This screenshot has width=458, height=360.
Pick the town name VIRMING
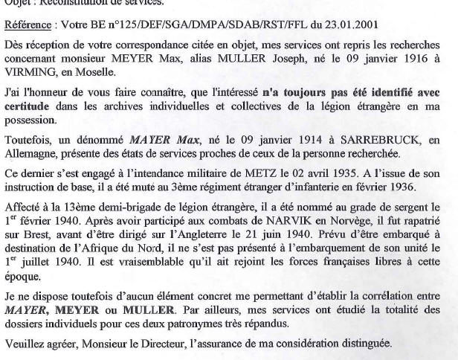(29, 76)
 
